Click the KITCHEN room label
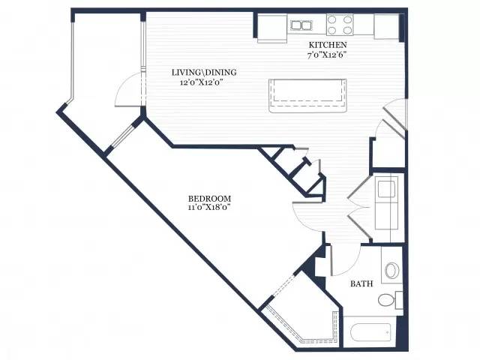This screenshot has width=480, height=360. coord(328,45)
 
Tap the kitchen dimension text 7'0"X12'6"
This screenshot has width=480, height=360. coord(328,55)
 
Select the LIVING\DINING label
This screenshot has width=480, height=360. coord(204,73)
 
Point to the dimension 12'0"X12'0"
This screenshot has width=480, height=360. coord(201,82)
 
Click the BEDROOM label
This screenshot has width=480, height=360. coord(209,198)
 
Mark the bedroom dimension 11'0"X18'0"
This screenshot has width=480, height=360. coord(208,207)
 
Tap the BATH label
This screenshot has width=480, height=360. coord(361,283)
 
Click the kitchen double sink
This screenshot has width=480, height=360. coord(301,25)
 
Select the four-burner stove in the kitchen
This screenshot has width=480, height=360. coord(340,25)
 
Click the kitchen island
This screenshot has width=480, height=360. coord(307,96)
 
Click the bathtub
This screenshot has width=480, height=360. coord(370,331)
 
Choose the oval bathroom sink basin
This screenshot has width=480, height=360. coord(391,271)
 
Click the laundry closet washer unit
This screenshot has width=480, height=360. coord(387,190)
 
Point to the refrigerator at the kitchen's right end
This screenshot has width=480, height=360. coord(386,27)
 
